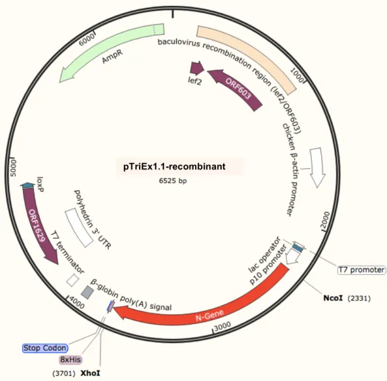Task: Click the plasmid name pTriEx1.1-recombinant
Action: (x=174, y=166)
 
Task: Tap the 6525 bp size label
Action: (x=173, y=180)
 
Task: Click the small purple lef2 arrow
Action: (x=197, y=68)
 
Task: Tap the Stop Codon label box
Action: (x=45, y=348)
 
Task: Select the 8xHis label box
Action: (x=71, y=359)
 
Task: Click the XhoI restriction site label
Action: (x=90, y=373)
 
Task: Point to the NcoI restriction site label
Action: (x=333, y=298)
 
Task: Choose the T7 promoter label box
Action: (x=361, y=270)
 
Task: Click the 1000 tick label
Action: (x=297, y=75)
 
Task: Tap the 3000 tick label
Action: (x=222, y=326)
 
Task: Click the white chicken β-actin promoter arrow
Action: (x=317, y=166)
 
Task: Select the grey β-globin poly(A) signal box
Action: (x=88, y=292)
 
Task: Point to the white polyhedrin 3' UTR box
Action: (x=78, y=228)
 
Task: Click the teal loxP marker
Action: (x=27, y=185)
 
